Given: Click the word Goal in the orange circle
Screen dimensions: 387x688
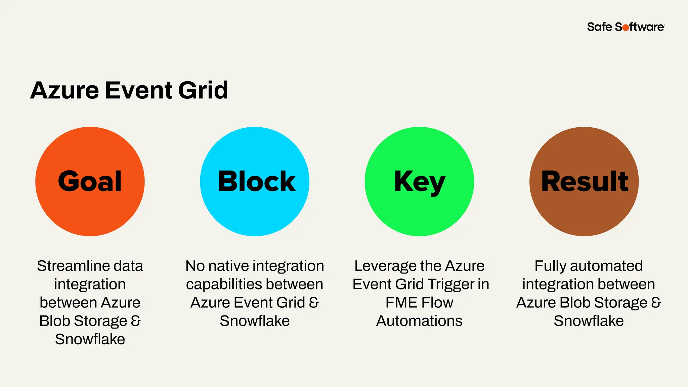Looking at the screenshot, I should (90, 181).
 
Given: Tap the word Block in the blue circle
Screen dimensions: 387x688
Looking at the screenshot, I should (257, 181).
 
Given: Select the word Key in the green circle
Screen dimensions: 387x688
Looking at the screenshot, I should (419, 182).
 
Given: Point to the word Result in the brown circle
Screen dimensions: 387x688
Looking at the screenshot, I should (585, 181).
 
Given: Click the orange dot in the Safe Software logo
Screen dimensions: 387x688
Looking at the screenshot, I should (626, 28).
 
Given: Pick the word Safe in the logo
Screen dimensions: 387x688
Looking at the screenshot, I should (600, 27).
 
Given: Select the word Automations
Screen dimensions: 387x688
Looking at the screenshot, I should (419, 321).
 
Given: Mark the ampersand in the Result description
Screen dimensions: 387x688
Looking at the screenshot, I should (656, 302).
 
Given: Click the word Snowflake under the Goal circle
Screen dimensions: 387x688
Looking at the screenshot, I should (90, 339).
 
